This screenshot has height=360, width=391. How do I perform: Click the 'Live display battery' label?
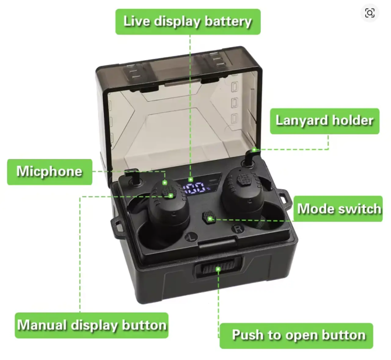click(x=188, y=22)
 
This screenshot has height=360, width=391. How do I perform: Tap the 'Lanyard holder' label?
click(x=324, y=121)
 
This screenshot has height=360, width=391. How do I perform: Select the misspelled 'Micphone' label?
click(x=50, y=172)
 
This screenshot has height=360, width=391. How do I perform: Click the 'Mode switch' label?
click(x=338, y=209)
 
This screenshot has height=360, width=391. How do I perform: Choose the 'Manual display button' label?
click(x=92, y=326)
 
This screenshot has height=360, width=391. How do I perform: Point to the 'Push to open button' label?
click(x=296, y=336)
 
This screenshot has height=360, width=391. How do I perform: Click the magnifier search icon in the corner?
click(x=369, y=13)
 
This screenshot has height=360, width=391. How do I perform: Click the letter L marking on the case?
click(x=191, y=237)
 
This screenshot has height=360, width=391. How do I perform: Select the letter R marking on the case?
click(x=238, y=229)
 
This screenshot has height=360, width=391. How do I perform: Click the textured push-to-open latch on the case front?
click(x=218, y=269)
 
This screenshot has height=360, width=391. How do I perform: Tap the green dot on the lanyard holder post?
click(x=254, y=150)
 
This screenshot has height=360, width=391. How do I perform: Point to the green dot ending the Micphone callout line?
click(x=165, y=183)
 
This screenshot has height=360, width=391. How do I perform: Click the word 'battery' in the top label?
click(x=228, y=22)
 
